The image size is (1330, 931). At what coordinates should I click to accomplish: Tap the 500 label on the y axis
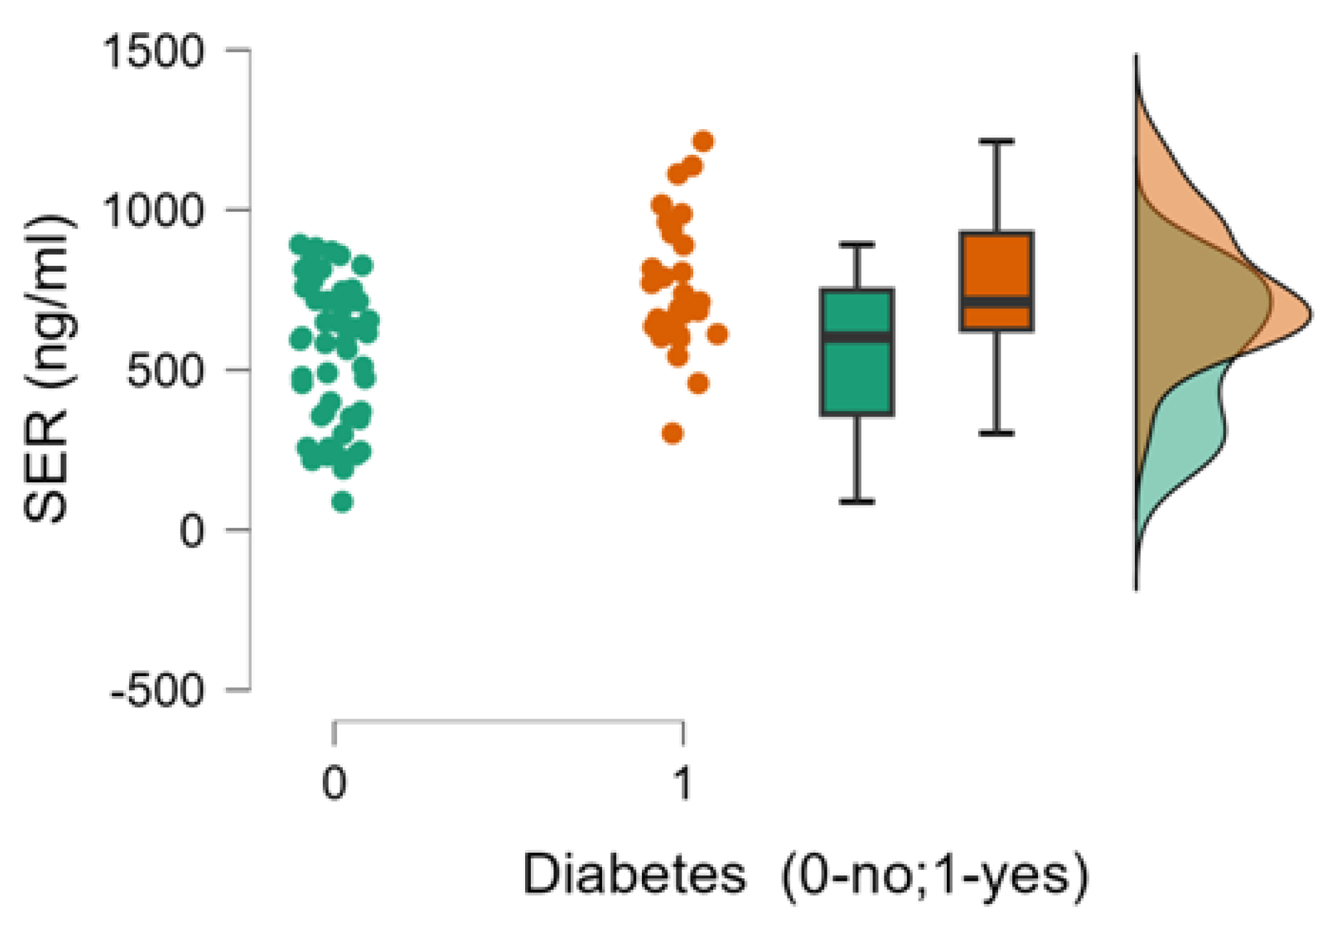(165, 370)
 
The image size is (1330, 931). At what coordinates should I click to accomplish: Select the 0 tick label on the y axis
(191, 530)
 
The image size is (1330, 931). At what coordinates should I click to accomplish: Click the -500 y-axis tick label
(157, 691)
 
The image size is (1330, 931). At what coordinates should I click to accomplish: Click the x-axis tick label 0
(334, 783)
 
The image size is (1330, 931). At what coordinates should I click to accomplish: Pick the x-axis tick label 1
(683, 783)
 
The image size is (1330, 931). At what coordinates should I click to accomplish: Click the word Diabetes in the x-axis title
(634, 874)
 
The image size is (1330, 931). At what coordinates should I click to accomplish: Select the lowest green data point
(342, 501)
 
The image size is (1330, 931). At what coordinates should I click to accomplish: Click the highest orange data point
(704, 141)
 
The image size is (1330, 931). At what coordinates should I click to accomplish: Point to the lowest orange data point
(672, 433)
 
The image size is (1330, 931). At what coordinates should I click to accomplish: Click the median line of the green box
(857, 337)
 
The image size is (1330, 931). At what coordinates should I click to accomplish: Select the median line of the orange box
(996, 302)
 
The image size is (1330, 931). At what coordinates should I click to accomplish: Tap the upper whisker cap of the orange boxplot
(996, 141)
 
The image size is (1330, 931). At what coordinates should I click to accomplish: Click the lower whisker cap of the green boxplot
(857, 501)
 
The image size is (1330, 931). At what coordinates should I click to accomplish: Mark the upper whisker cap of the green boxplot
(857, 244)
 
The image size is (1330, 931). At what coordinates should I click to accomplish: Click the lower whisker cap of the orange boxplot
(996, 433)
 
